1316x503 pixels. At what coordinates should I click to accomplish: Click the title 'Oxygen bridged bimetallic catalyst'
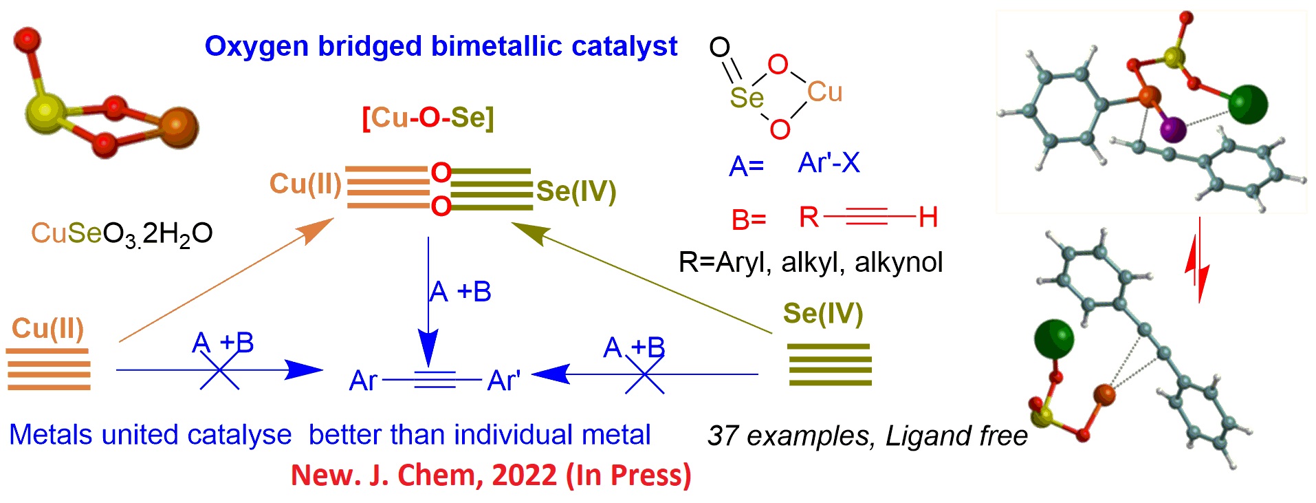click(x=441, y=47)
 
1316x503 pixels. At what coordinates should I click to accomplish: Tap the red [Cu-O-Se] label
click(x=428, y=118)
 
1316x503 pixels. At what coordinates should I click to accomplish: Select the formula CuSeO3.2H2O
click(x=122, y=234)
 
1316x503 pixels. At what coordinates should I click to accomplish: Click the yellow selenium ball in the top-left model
click(x=45, y=113)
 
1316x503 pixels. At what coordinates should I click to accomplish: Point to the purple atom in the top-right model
click(x=1173, y=129)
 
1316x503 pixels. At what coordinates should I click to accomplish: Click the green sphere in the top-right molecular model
click(x=1247, y=105)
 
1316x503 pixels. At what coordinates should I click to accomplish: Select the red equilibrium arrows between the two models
click(x=1198, y=261)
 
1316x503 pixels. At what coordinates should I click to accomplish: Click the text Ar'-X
click(x=829, y=164)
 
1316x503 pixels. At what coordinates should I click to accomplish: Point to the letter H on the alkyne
click(x=928, y=218)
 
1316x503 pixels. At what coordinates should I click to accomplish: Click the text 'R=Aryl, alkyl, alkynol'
click(x=811, y=263)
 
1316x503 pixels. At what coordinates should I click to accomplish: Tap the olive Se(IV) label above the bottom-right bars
click(x=823, y=314)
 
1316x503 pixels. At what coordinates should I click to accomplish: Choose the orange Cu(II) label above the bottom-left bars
click(x=47, y=329)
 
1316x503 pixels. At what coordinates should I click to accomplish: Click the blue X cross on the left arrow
click(x=220, y=371)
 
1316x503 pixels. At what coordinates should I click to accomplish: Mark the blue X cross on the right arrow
click(x=644, y=375)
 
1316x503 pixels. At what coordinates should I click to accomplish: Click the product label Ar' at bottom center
click(x=503, y=381)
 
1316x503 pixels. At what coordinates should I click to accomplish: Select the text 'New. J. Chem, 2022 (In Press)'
click(x=491, y=475)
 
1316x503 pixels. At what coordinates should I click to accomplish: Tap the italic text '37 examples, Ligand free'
click(x=867, y=436)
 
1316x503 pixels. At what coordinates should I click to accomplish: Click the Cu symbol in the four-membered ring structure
click(x=824, y=92)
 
